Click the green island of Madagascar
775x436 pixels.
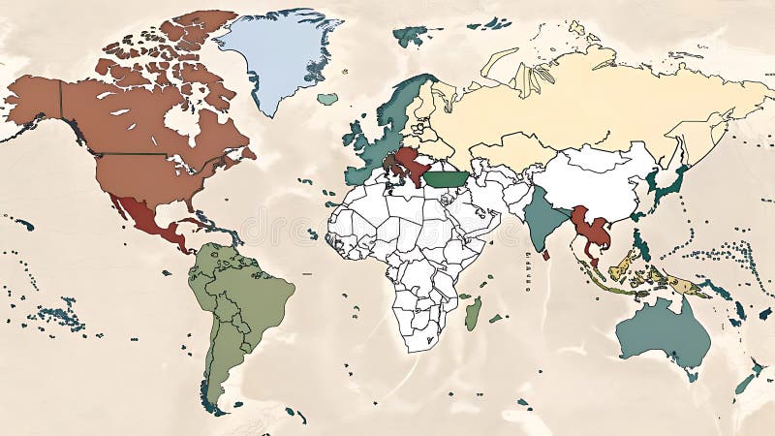473,313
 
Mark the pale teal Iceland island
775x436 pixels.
327,99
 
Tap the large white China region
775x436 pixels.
591,179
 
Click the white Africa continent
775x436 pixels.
407,242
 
